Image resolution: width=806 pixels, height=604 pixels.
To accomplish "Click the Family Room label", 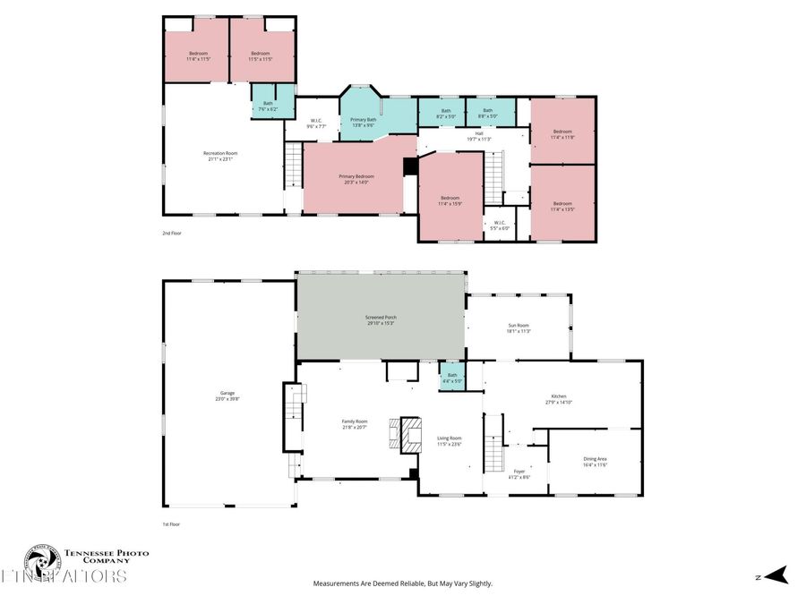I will tap(355, 424).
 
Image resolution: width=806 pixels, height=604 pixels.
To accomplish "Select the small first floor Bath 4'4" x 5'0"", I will tap(452, 378).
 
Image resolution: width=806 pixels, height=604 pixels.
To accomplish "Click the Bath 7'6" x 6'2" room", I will tap(268, 106).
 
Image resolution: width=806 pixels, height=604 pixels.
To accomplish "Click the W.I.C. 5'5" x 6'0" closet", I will tap(499, 225).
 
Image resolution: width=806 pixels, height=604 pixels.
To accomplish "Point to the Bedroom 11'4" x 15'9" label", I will tap(450, 200).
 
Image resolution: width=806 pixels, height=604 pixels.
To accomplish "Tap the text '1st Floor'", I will tap(171, 524).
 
